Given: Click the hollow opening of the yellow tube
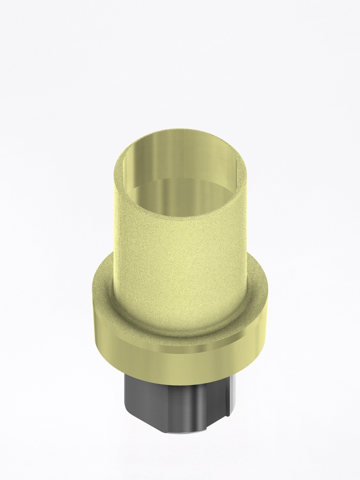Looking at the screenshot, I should pos(180,187).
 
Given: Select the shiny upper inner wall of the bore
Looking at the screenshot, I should pos(180,155).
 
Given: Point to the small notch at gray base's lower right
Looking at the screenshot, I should pos(220,422).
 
